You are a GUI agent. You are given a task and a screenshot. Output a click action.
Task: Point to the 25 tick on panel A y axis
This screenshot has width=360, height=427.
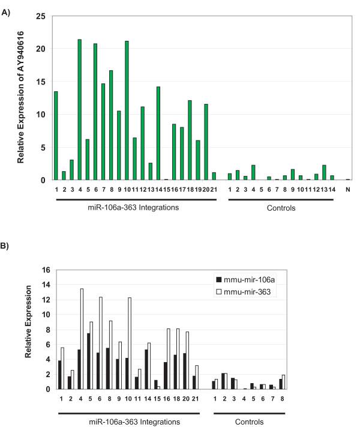pyautogui.click(x=41, y=16)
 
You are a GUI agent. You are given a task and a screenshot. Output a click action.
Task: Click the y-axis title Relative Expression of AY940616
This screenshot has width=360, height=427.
pyautogui.click(x=20, y=98)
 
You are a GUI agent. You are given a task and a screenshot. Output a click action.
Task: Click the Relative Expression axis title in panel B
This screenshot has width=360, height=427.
pyautogui.click(x=28, y=329)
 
